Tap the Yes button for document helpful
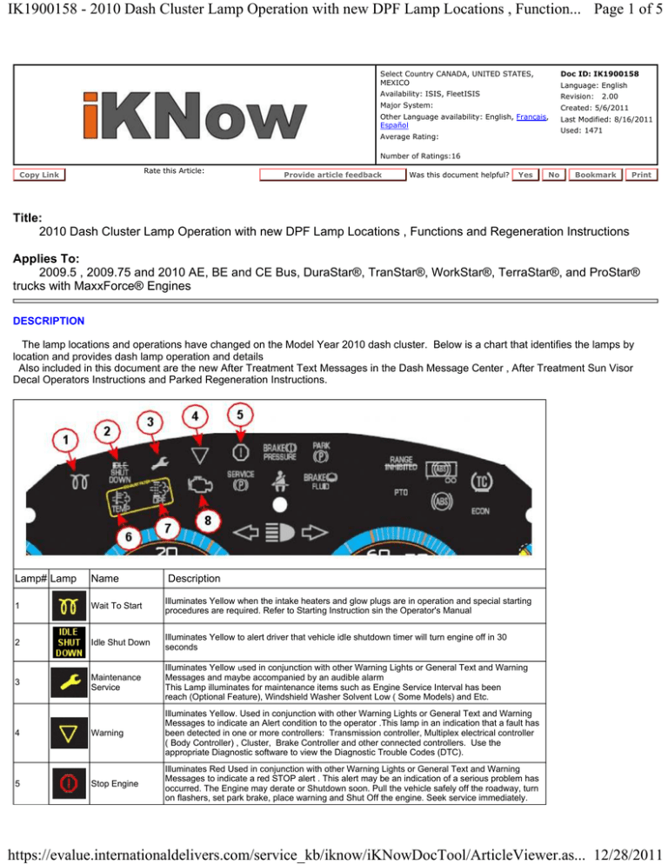(524, 175)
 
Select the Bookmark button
(596, 175)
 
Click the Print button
(643, 175)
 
